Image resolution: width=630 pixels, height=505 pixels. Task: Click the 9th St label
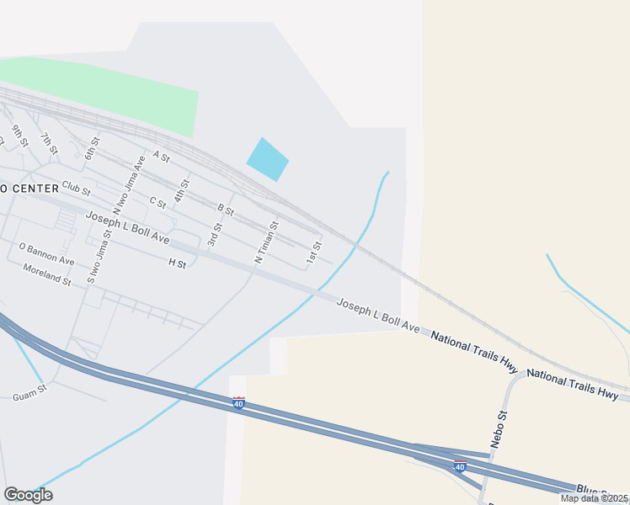[19, 136]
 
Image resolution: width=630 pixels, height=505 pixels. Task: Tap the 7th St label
[50, 144]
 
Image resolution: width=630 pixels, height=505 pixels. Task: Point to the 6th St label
[92, 147]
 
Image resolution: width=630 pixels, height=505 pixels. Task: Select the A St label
[161, 157]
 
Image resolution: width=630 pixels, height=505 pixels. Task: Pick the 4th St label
[182, 190]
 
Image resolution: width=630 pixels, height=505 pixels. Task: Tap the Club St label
[76, 186]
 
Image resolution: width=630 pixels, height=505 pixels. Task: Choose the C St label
[157, 202]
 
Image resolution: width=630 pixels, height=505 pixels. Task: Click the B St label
[225, 208]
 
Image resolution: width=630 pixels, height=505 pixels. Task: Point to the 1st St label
[314, 252]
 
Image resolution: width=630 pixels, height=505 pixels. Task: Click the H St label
[177, 263]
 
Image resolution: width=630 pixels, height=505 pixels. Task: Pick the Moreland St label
[46, 275]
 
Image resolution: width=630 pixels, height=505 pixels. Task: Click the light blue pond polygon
[267, 159]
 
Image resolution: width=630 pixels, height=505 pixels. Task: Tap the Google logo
[28, 495]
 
